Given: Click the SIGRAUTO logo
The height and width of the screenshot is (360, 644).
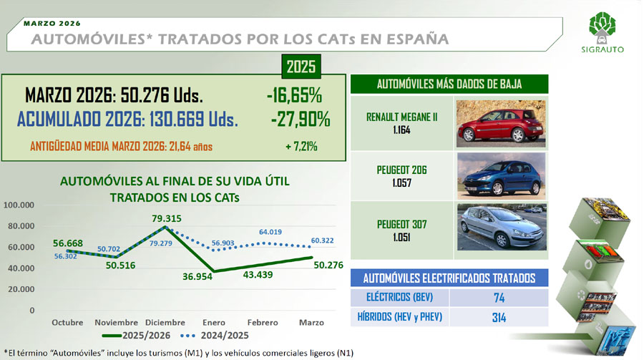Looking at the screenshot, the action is point(602,32).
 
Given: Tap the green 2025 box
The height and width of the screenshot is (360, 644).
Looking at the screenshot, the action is point(301,66).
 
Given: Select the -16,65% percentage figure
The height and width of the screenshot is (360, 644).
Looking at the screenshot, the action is point(294,95).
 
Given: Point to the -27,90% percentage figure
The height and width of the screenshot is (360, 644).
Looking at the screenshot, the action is point(301,120).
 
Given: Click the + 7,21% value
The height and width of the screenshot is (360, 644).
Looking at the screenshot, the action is point(301,146).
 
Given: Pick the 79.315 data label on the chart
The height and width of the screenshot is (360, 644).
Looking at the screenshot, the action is point(166,218).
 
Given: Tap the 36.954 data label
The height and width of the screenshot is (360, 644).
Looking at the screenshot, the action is point(197,277).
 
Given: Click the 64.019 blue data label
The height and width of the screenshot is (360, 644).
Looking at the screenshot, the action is point(270,232).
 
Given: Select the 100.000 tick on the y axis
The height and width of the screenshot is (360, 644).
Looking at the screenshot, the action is point(19,205).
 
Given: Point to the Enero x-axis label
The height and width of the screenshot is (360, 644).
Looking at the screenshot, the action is point(213,323).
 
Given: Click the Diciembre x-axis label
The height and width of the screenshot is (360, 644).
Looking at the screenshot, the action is point(165,323).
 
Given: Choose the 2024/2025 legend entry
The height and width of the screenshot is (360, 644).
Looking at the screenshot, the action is point(215,336).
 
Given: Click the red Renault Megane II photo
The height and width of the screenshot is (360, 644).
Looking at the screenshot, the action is point(501,123).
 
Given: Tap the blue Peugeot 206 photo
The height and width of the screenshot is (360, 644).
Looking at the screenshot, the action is point(502,176).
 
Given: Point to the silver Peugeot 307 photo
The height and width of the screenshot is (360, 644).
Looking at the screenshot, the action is point(502,227).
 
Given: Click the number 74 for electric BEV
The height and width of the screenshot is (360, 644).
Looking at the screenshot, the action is point(499,298).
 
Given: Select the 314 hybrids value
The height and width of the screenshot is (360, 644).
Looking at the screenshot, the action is point(499,317).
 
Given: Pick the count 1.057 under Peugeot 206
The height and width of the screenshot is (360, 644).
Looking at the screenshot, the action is point(401,183).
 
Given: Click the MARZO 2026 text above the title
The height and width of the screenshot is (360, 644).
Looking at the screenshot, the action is point(52,24).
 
